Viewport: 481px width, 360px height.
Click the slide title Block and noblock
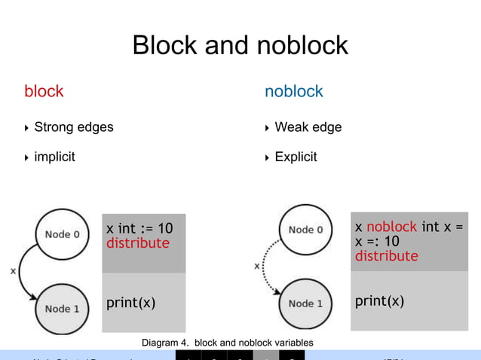240,45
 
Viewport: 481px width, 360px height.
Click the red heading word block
44,92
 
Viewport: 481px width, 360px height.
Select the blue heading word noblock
293,92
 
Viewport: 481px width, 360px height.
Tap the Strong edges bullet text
74,127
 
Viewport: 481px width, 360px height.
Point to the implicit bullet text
54,157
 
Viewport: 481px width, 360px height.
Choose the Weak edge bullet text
308,127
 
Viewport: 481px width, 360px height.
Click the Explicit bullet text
296,157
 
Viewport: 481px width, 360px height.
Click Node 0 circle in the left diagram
62,234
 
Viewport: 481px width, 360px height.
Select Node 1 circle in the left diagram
62,309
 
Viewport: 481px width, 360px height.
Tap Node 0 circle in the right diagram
305,230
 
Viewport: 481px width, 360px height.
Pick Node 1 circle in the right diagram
305,304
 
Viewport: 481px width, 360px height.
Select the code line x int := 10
139,228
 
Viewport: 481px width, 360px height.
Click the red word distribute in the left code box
137,243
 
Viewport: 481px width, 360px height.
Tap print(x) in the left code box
130,303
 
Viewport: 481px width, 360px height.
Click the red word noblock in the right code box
391,227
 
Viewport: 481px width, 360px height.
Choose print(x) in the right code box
379,301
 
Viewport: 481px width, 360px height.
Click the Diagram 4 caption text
227,343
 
